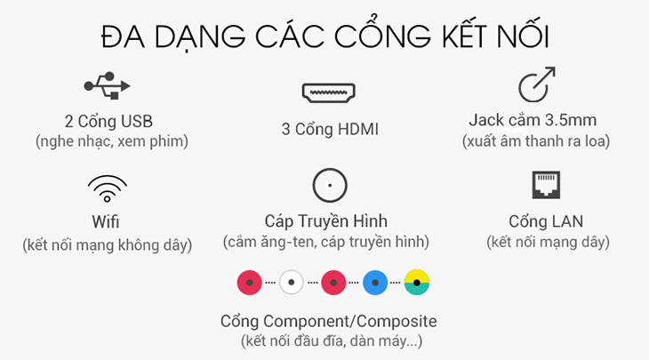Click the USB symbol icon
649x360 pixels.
coord(107,86)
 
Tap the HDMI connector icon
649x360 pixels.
coord(329,92)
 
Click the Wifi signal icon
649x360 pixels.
coord(107,188)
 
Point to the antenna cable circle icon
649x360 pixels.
coord(329,186)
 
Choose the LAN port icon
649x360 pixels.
coord(547,186)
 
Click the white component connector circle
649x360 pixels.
coord(292,283)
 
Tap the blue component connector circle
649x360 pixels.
coord(376,283)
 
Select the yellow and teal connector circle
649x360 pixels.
coord(417,283)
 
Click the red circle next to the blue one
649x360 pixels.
coord(334,283)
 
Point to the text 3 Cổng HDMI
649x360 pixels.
coord(329,130)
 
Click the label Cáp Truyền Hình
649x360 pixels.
coord(326,220)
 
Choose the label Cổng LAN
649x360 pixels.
coord(548,220)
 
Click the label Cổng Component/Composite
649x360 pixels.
coord(329,321)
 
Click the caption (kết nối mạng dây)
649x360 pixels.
coord(548,241)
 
